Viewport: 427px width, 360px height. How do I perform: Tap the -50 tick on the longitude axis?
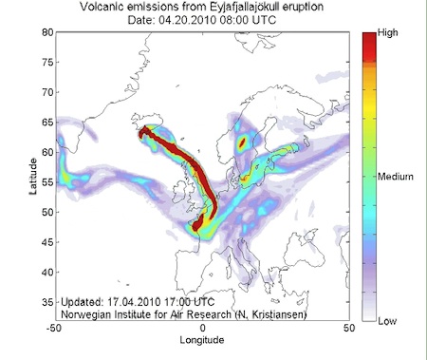(x=56, y=329)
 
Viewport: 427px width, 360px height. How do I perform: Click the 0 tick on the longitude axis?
(x=202, y=329)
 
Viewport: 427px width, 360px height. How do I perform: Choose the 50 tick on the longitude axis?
(x=348, y=329)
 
